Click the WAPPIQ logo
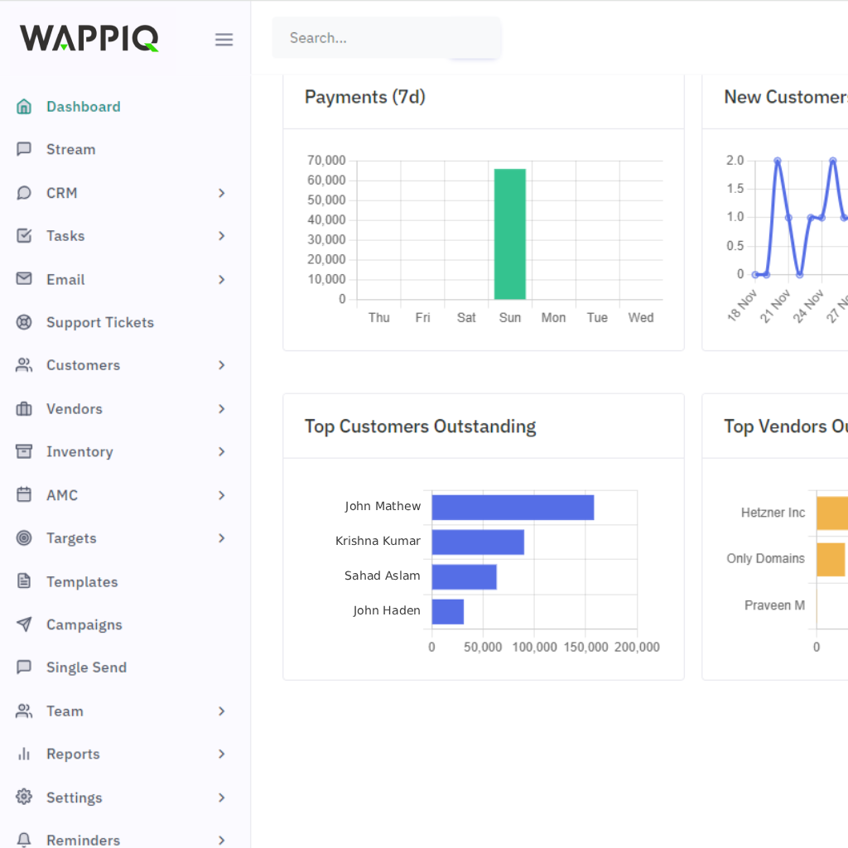pyautogui.click(x=89, y=38)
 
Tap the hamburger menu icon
pyautogui.click(x=224, y=40)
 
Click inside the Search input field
pyautogui.click(x=386, y=38)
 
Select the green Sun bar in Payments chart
pyautogui.click(x=510, y=234)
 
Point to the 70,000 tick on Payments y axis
pyautogui.click(x=326, y=160)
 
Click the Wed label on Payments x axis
pyautogui.click(x=640, y=318)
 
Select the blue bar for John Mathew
pyautogui.click(x=513, y=507)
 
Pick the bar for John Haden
pyautogui.click(x=447, y=611)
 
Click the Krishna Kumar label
pyautogui.click(x=378, y=541)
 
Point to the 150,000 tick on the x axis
pyautogui.click(x=585, y=647)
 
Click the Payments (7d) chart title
pyautogui.click(x=365, y=97)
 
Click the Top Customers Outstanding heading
pyautogui.click(x=420, y=426)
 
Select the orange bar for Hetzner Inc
pyautogui.click(x=832, y=513)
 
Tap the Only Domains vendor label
pyautogui.click(x=765, y=559)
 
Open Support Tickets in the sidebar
pyautogui.click(x=99, y=322)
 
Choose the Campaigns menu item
pyautogui.click(x=84, y=624)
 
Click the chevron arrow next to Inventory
pyautogui.click(x=221, y=451)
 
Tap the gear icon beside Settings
pyautogui.click(x=24, y=797)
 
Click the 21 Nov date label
pyautogui.click(x=776, y=306)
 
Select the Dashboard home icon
pyautogui.click(x=24, y=106)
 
